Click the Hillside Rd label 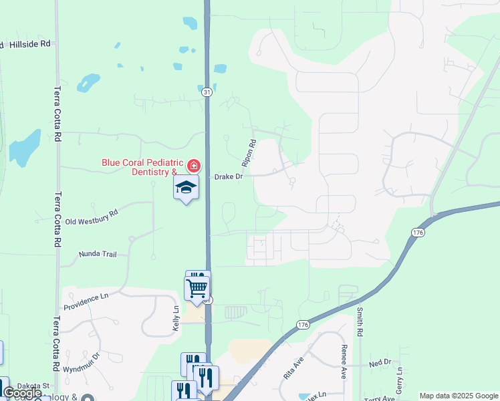click(x=30, y=44)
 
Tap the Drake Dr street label click(x=228, y=176)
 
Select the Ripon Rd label click(x=249, y=153)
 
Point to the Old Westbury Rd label click(x=91, y=217)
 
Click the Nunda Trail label click(x=98, y=254)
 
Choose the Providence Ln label click(x=86, y=301)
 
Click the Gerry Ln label click(x=398, y=379)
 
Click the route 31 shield click(x=207, y=92)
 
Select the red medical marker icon click(x=193, y=165)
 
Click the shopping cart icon click(x=197, y=288)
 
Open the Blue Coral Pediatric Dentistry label click(x=142, y=166)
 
